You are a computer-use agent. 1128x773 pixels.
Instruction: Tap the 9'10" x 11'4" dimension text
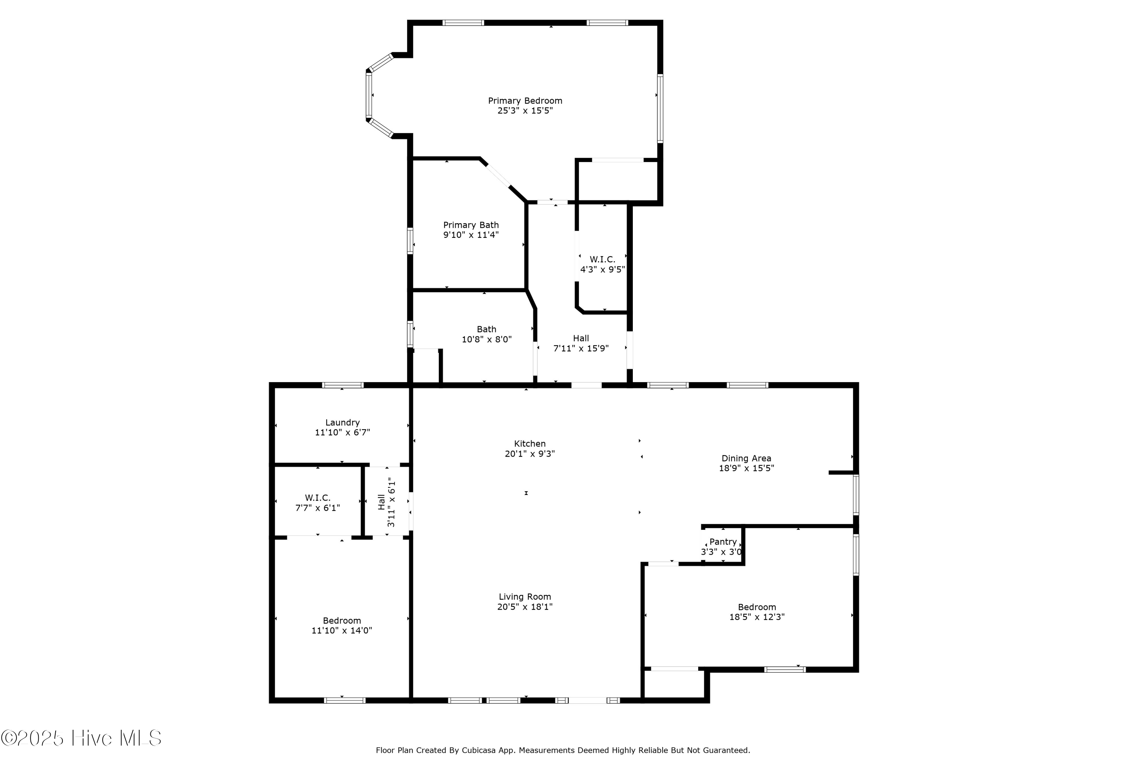[470, 235]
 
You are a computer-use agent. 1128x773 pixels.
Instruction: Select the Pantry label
[723, 542]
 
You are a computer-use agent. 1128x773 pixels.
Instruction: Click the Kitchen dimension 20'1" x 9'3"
[529, 454]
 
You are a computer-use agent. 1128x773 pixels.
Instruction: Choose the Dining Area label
[746, 458]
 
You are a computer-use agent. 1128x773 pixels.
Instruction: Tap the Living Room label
[525, 597]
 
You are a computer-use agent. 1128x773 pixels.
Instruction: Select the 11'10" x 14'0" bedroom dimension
[342, 630]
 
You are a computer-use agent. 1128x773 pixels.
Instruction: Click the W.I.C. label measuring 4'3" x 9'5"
[602, 260]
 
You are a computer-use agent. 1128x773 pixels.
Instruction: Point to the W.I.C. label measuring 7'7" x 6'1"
[317, 498]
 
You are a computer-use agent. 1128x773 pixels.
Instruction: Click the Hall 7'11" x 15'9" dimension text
[581, 348]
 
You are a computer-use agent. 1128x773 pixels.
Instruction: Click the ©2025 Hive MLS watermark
[81, 738]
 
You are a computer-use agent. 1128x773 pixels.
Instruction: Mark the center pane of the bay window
[369, 95]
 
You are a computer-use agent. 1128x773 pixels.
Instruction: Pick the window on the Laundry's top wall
[343, 385]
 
